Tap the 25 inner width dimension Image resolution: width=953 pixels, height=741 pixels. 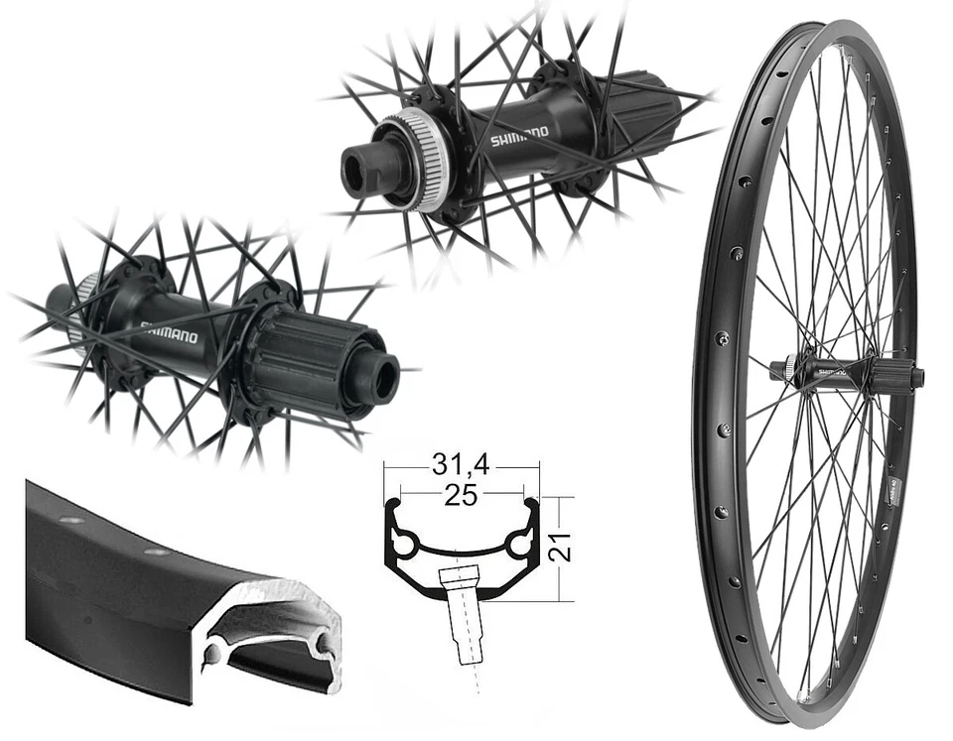point(461,496)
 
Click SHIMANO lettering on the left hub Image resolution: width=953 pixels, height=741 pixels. point(170,330)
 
